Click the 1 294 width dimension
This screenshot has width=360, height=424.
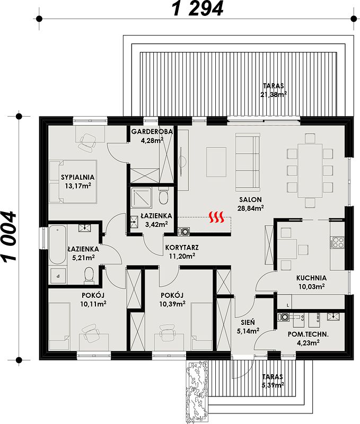pyautogui.click(x=198, y=8)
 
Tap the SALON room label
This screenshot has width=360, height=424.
pyautogui.click(x=250, y=200)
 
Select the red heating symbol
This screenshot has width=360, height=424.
pyautogui.click(x=217, y=217)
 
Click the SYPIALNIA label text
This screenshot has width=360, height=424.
pyautogui.click(x=77, y=178)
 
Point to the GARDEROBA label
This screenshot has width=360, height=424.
pyautogui.click(x=152, y=131)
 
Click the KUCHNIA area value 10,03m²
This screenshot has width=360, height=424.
pyautogui.click(x=312, y=286)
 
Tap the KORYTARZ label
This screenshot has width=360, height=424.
pyautogui.click(x=182, y=248)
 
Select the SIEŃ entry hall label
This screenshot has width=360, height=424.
pyautogui.click(x=248, y=322)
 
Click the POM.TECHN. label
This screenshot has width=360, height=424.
pyautogui.click(x=308, y=334)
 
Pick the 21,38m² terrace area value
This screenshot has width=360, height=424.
pyautogui.click(x=274, y=94)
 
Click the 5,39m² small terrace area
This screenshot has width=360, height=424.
pyautogui.click(x=273, y=385)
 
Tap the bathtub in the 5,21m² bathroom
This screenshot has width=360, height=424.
pyautogui.click(x=57, y=245)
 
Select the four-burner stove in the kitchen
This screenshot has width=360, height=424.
pyautogui.click(x=338, y=243)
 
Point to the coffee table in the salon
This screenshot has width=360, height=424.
pyautogui.click(x=216, y=162)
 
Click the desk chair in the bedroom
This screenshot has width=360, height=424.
pyautogui.click(x=87, y=142)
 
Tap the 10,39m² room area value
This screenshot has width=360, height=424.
pyautogui.click(x=172, y=304)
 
